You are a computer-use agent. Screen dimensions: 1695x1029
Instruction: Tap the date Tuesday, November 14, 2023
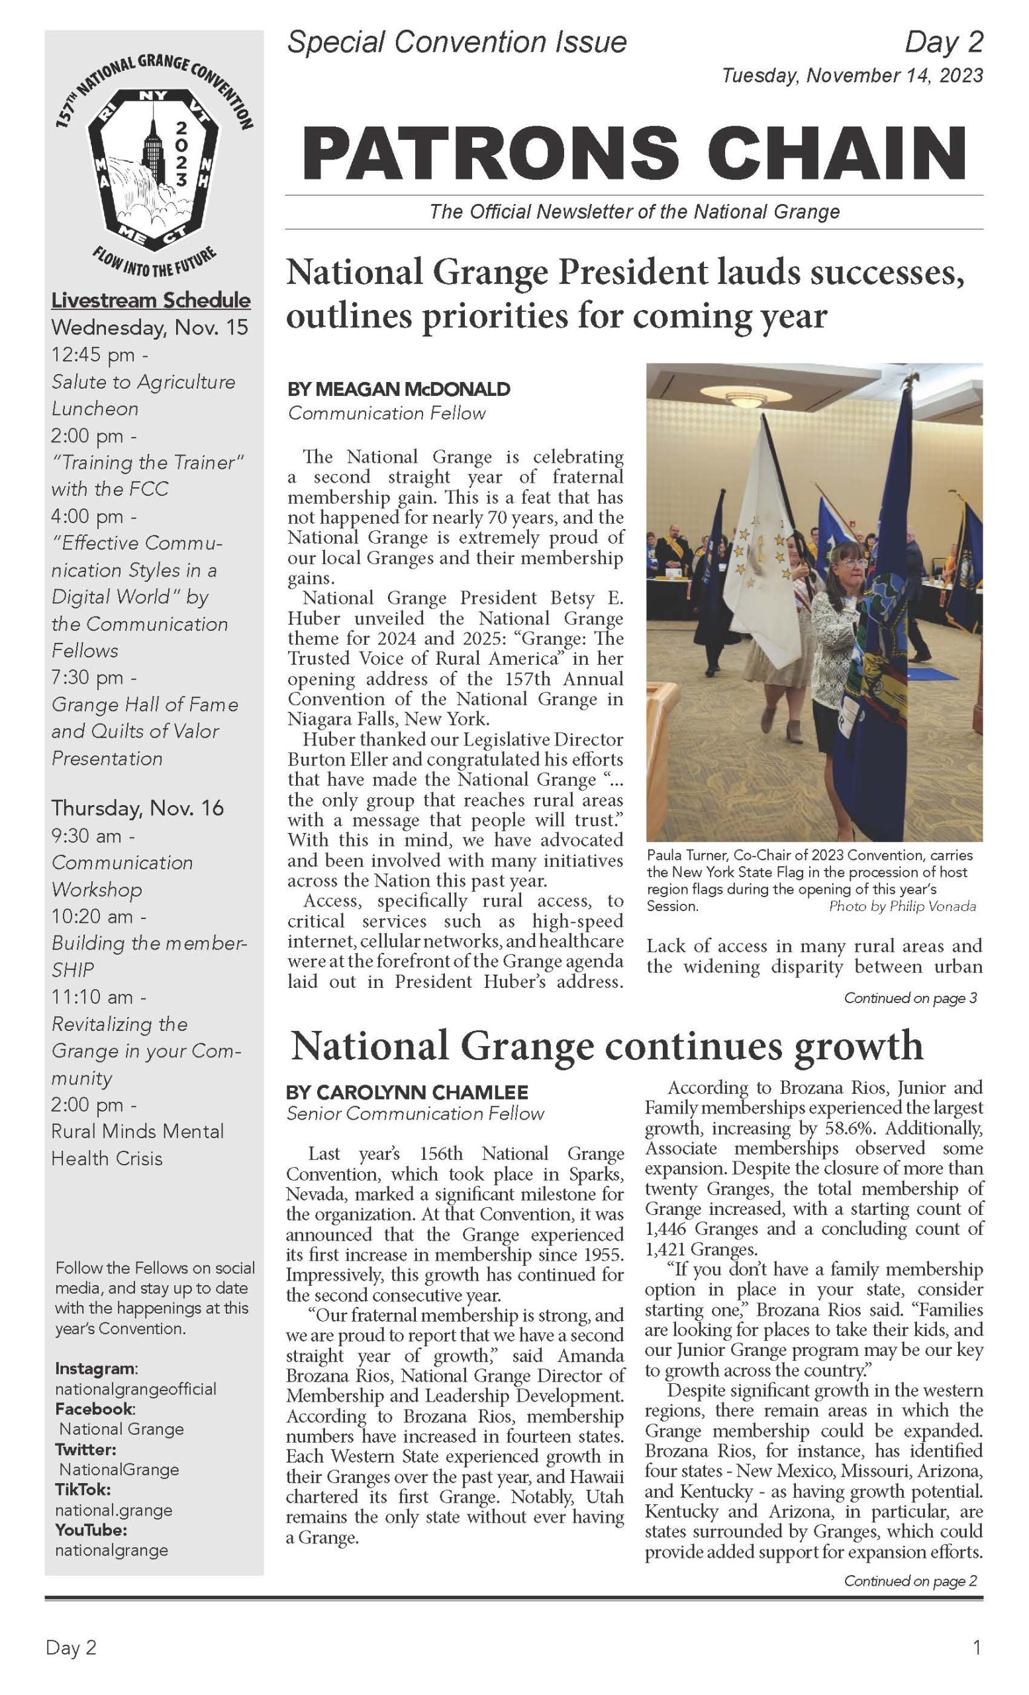pyautogui.click(x=852, y=75)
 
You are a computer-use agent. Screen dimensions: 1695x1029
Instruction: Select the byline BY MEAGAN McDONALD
pyautogui.click(x=398, y=389)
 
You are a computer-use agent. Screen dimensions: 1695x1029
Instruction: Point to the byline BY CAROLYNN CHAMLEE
pyautogui.click(x=407, y=1092)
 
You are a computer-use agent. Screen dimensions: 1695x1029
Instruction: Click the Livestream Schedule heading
pyautogui.click(x=150, y=300)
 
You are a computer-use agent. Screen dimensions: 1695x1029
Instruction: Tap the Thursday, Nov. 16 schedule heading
pyautogui.click(x=137, y=808)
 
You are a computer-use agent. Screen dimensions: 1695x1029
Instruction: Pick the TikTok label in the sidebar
pyautogui.click(x=83, y=1489)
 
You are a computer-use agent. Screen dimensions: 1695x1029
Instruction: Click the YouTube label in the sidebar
pyautogui.click(x=91, y=1530)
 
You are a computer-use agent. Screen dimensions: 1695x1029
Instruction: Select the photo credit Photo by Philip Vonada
pyautogui.click(x=902, y=906)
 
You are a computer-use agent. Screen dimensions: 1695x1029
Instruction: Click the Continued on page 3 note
pyautogui.click(x=910, y=998)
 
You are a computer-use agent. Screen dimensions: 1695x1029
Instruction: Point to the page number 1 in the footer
pyautogui.click(x=976, y=1647)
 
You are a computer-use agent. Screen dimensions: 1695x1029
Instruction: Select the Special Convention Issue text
pyautogui.click(x=457, y=42)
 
